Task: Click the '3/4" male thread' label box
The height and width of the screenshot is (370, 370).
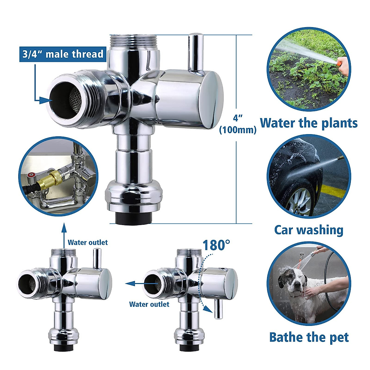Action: click(x=63, y=54)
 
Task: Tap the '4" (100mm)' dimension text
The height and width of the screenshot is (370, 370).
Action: click(x=238, y=124)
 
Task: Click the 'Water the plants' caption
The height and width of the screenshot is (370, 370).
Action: click(x=309, y=123)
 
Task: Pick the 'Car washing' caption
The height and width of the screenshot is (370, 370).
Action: click(x=309, y=230)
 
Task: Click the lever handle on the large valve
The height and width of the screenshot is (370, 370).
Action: click(x=195, y=52)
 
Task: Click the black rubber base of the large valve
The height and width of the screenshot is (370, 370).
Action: click(x=134, y=218)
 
